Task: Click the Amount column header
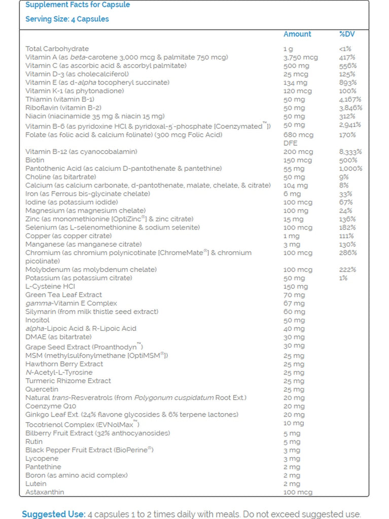tap(297, 34)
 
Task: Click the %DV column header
tap(347, 34)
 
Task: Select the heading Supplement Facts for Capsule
tap(78, 5)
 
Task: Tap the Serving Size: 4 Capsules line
tap(67, 19)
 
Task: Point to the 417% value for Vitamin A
tap(347, 57)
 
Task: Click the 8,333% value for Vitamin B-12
tap(350, 152)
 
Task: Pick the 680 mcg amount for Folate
tap(298, 135)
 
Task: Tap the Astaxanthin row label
tap(45, 492)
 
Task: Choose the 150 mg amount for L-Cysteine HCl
tap(294, 286)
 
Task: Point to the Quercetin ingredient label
tap(42, 389)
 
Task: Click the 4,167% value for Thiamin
tap(350, 99)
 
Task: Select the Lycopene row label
tap(42, 458)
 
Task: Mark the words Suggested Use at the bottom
tap(53, 514)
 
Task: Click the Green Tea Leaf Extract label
tap(63, 295)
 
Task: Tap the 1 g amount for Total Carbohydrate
tap(288, 49)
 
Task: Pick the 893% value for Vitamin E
tap(347, 83)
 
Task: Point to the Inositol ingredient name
tap(38, 320)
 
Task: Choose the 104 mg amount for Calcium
tap(295, 186)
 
